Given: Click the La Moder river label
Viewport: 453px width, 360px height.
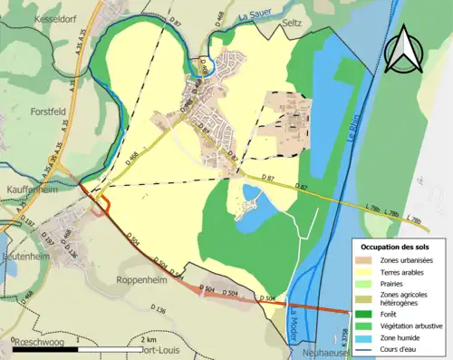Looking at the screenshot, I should [x=294, y=322].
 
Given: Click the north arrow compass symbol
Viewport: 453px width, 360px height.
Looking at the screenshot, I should [x=404, y=49].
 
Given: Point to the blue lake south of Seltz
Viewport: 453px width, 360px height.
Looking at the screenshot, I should [x=255, y=196].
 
